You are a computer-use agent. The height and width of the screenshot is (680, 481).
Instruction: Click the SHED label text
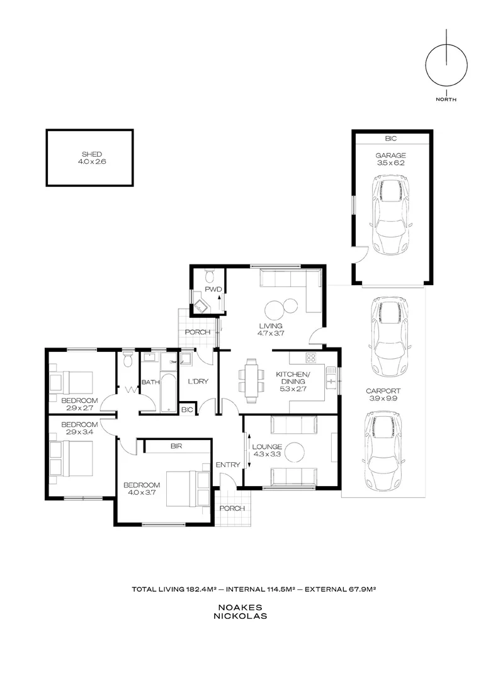(91, 154)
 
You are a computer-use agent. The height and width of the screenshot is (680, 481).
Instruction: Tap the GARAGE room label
(390, 156)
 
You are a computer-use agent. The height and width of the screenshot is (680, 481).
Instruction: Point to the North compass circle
(446, 65)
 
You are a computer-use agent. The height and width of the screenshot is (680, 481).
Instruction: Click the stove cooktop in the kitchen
(310, 358)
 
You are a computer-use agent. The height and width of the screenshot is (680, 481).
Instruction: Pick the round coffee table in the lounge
(294, 451)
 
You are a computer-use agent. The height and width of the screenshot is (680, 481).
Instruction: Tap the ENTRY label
(228, 465)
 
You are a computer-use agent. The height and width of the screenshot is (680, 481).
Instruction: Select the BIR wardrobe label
(176, 446)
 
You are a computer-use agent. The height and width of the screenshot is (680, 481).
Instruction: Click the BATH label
(150, 382)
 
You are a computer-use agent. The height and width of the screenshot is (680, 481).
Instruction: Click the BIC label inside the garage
(391, 139)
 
